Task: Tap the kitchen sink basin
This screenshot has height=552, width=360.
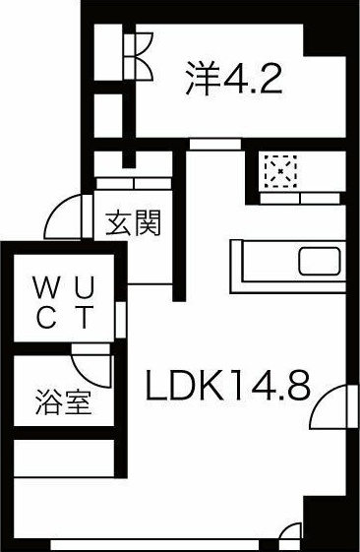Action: coord(318,263)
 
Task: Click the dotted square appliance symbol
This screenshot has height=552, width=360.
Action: coord(281,172)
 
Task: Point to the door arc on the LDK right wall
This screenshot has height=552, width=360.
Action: coord(335,404)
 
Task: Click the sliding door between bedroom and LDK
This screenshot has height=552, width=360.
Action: coord(213,145)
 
